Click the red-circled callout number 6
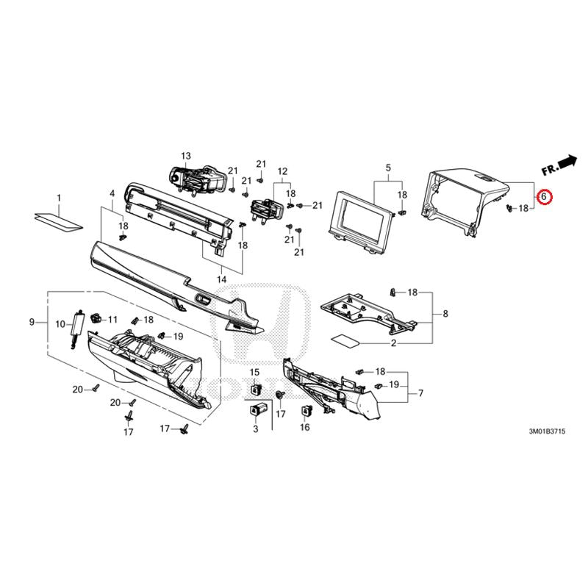[x=543, y=196]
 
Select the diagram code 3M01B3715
[x=547, y=431]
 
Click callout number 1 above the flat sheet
[x=59, y=198]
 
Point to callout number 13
[x=186, y=156]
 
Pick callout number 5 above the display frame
[x=388, y=168]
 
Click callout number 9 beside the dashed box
[x=32, y=322]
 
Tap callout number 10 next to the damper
[x=60, y=324]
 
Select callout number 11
[x=112, y=320]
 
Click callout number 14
[x=222, y=279]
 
